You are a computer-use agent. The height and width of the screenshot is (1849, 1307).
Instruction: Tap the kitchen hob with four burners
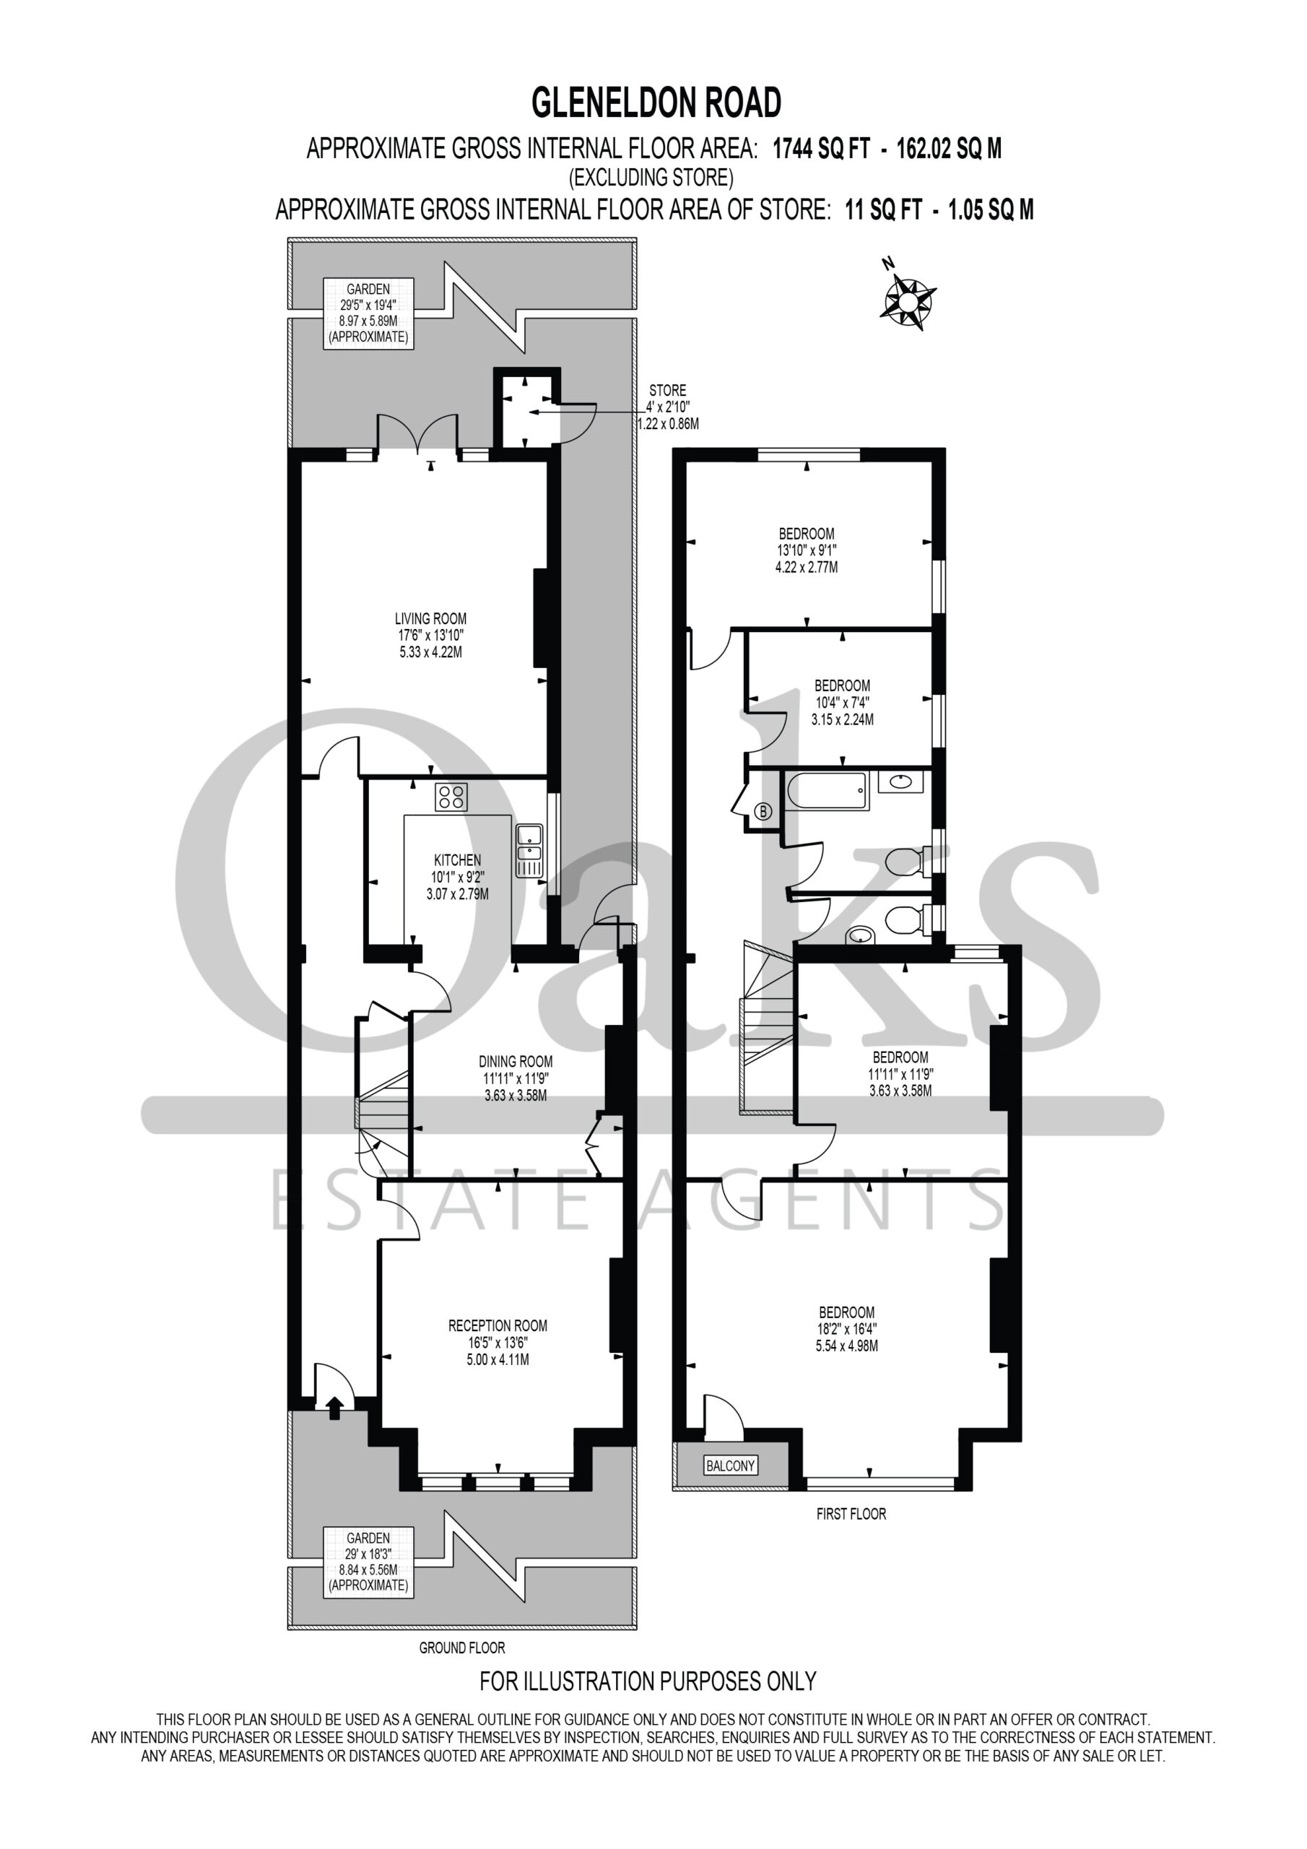coord(451,797)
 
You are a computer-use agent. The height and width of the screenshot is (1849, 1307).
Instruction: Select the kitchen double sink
coord(529,850)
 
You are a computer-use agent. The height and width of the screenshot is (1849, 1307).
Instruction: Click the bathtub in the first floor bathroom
coord(828,792)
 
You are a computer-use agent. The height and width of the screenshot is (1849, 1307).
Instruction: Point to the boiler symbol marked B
coord(763,812)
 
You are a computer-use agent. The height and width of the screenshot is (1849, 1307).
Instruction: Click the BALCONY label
coord(731,1465)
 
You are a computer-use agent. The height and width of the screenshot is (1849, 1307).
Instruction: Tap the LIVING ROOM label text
coord(431,618)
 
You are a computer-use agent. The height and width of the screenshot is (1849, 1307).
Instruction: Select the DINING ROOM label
coord(516,1062)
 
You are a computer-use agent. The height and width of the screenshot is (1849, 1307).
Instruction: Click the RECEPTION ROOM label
coord(498,1325)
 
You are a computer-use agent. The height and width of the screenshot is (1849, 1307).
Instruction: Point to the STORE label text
coord(668,391)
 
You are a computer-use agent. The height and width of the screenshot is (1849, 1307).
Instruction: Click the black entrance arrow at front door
coord(335,1406)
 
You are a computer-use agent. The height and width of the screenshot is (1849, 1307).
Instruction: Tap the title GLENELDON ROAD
coord(656,103)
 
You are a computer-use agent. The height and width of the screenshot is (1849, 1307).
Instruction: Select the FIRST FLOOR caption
coord(851,1514)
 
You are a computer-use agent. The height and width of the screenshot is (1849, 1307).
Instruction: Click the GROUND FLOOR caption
coord(462,1647)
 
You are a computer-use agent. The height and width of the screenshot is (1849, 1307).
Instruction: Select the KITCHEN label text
coord(457,860)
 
